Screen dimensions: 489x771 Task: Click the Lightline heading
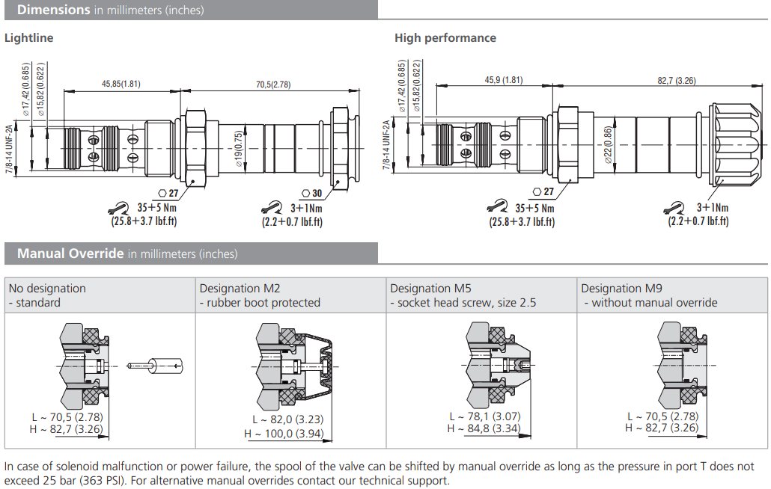[x=29, y=38]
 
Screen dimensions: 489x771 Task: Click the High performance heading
[x=445, y=38]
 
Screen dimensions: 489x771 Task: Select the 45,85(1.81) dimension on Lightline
[x=121, y=84]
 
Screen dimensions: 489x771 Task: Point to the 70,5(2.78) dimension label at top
[x=272, y=84]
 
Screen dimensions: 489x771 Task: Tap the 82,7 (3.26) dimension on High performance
[x=676, y=80]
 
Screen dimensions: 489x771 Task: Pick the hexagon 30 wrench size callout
[x=311, y=194]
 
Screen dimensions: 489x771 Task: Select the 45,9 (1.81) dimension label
[x=503, y=80]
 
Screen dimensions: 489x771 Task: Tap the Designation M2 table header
[x=237, y=289]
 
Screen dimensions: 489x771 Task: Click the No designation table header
[x=47, y=289]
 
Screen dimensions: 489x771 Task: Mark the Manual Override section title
[x=70, y=253]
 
